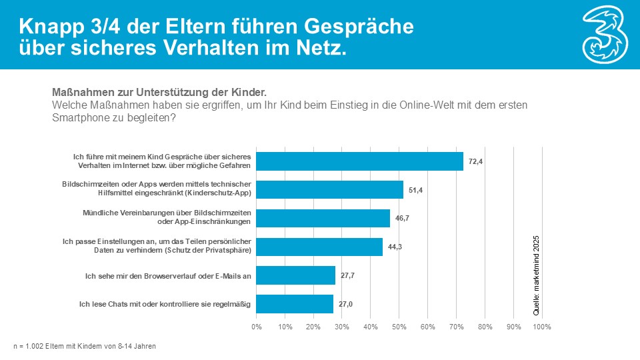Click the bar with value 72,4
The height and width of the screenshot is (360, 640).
(360, 161)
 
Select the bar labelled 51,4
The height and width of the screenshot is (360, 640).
(330, 190)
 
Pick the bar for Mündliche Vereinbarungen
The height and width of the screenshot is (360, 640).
(323, 218)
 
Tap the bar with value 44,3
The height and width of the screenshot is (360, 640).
(320, 247)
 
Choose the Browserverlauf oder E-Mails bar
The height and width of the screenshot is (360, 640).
(296, 275)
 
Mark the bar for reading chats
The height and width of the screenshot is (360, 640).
(295, 304)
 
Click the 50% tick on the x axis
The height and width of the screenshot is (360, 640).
(399, 327)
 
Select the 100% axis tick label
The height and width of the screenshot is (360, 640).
(542, 327)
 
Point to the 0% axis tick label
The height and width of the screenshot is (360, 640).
(257, 327)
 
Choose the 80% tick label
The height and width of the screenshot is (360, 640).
(485, 327)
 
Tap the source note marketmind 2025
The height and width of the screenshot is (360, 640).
(537, 275)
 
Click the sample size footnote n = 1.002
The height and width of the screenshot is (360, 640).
(85, 346)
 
